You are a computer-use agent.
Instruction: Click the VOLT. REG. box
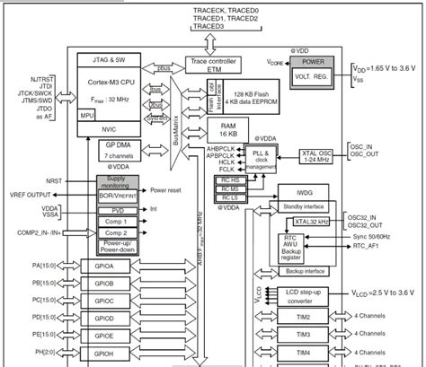tap(312, 78)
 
